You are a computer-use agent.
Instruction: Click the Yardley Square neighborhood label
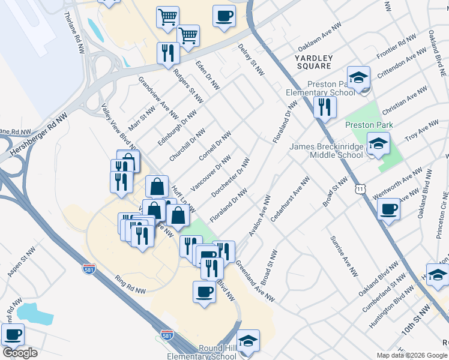pos(313,61)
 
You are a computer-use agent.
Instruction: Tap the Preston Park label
pos(369,125)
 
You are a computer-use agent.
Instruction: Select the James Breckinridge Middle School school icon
pos(378,143)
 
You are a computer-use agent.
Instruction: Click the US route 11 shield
pos(360,189)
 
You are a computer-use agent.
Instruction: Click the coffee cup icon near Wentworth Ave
pos(389,209)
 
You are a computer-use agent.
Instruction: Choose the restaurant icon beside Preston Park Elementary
pos(324,107)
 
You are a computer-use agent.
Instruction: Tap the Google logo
pos(20,353)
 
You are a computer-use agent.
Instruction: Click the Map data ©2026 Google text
pos(412,355)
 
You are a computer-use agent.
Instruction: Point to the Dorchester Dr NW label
pos(231,178)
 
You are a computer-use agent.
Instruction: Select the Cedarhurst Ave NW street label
pos(290,199)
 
